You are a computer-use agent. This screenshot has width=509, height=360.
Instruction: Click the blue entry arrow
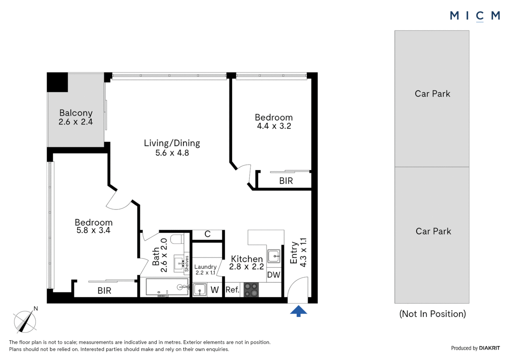(x=298, y=311)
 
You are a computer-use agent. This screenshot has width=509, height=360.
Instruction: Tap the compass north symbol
(x=25, y=321)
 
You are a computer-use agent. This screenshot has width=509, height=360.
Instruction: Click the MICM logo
(x=475, y=16)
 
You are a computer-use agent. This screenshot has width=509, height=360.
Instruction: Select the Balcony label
(x=76, y=113)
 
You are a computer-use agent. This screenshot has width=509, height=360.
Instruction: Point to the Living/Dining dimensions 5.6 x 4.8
(x=172, y=153)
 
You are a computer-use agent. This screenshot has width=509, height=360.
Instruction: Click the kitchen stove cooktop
(x=251, y=290)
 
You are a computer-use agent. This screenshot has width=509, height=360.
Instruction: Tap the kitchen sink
(x=274, y=256)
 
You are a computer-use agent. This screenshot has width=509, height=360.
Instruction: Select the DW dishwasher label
(x=273, y=275)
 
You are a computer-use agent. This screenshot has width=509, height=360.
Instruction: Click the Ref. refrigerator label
(x=232, y=290)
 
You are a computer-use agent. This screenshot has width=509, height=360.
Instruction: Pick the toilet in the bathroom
(x=177, y=239)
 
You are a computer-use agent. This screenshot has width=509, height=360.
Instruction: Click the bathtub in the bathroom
(x=167, y=287)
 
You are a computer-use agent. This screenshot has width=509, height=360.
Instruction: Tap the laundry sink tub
(x=200, y=290)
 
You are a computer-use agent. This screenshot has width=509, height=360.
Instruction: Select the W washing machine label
(x=215, y=290)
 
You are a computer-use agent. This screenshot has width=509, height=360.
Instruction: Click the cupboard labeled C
(x=208, y=234)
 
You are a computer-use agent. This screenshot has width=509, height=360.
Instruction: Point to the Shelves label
(x=187, y=263)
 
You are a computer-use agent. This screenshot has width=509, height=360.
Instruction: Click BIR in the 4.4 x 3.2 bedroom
(x=286, y=181)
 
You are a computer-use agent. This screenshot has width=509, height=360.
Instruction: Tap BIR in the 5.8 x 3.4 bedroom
(x=104, y=291)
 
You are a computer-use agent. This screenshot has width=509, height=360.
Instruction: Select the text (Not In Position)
(x=432, y=314)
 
